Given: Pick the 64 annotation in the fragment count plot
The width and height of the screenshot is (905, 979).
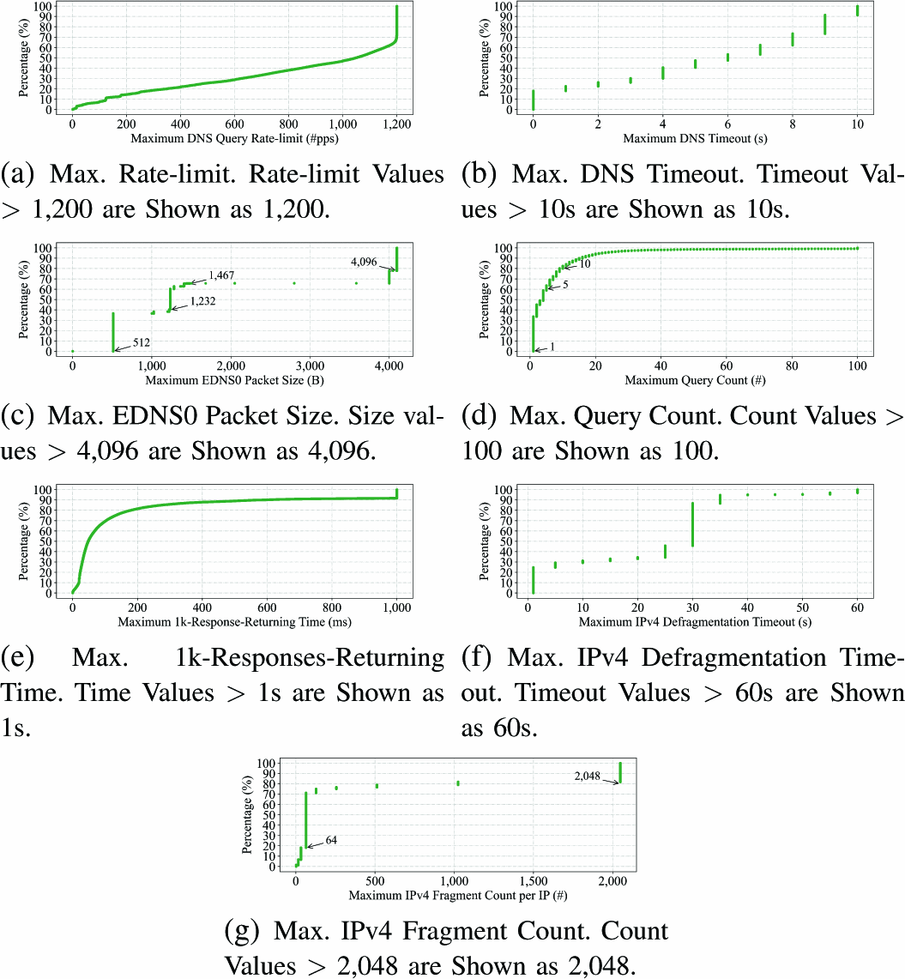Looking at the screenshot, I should (331, 840).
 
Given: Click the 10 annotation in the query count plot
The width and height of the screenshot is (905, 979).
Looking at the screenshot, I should (585, 263).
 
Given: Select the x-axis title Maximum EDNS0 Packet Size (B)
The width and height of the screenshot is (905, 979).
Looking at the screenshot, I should (234, 380).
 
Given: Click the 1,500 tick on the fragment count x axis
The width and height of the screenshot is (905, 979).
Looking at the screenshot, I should (534, 881).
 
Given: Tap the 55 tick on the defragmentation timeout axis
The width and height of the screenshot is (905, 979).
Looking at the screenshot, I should (830, 607).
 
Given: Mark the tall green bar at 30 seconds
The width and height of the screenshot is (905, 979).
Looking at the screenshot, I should (692, 524).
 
